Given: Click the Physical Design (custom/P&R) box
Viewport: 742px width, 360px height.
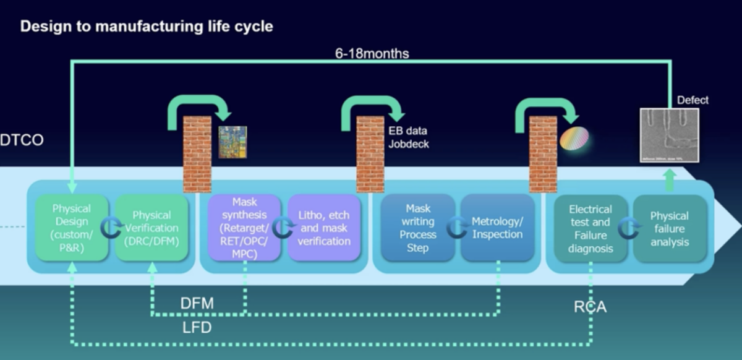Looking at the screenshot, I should [71, 228].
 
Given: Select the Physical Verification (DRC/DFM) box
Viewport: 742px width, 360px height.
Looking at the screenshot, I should [151, 228].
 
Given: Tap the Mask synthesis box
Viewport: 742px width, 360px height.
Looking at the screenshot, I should [245, 228].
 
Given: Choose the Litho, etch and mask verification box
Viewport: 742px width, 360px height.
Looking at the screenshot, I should [324, 228].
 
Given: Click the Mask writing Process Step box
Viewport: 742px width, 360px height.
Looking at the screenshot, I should [417, 228].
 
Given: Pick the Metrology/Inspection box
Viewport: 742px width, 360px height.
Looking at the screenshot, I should [497, 228].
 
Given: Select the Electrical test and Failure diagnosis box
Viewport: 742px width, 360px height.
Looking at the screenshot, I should [591, 228].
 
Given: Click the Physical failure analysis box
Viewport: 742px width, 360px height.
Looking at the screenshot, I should [669, 228].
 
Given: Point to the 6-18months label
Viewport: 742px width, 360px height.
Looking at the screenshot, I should [372, 53].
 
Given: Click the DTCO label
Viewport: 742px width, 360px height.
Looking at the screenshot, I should [22, 140].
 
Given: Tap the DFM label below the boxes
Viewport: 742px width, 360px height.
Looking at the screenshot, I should [197, 303].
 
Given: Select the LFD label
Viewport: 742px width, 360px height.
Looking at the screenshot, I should [196, 327].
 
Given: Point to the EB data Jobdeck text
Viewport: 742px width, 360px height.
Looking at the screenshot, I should [407, 137].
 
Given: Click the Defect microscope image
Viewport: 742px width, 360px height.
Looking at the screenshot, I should [669, 135].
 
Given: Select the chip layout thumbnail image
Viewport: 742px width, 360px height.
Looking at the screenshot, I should [232, 142].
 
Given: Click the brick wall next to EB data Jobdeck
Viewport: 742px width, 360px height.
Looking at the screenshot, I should [370, 153].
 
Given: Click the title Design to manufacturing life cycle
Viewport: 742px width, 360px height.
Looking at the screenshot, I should [147, 27].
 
